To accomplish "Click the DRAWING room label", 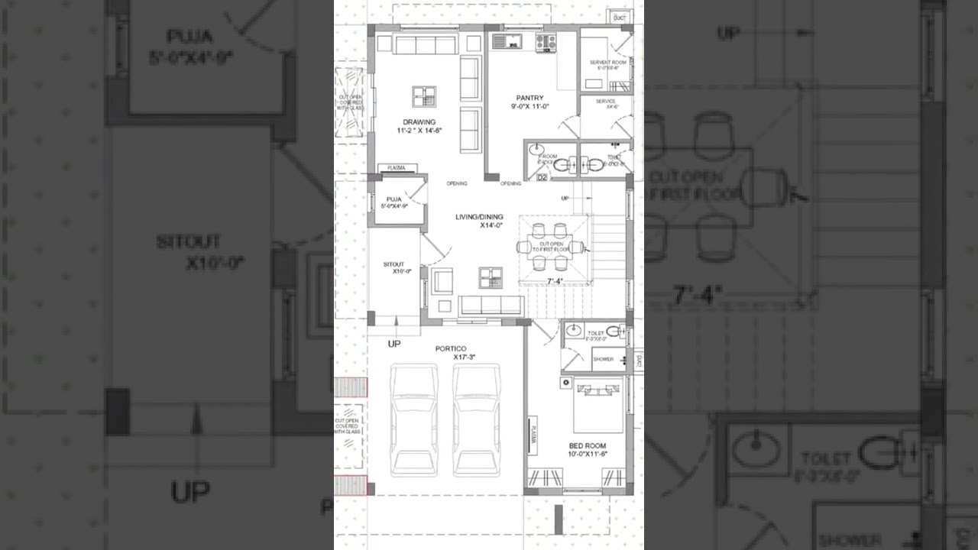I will (419, 122).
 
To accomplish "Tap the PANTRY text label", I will (529, 98).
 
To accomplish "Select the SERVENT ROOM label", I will (607, 63).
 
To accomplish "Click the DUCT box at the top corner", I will (619, 17).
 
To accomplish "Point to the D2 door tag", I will (542, 178).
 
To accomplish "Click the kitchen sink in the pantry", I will (505, 41).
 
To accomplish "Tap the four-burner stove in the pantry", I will (546, 42).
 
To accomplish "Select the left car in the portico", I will (413, 419).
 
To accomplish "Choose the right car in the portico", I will (476, 419).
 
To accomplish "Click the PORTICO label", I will (451, 349).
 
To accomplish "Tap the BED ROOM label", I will (587, 445).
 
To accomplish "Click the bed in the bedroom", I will (598, 405).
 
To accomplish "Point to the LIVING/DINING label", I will (479, 217).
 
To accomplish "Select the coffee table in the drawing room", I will (424, 97).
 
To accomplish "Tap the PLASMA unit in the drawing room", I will (397, 168).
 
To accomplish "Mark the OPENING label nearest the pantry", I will (510, 183).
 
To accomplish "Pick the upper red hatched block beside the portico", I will (351, 387).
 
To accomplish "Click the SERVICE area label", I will (606, 101).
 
